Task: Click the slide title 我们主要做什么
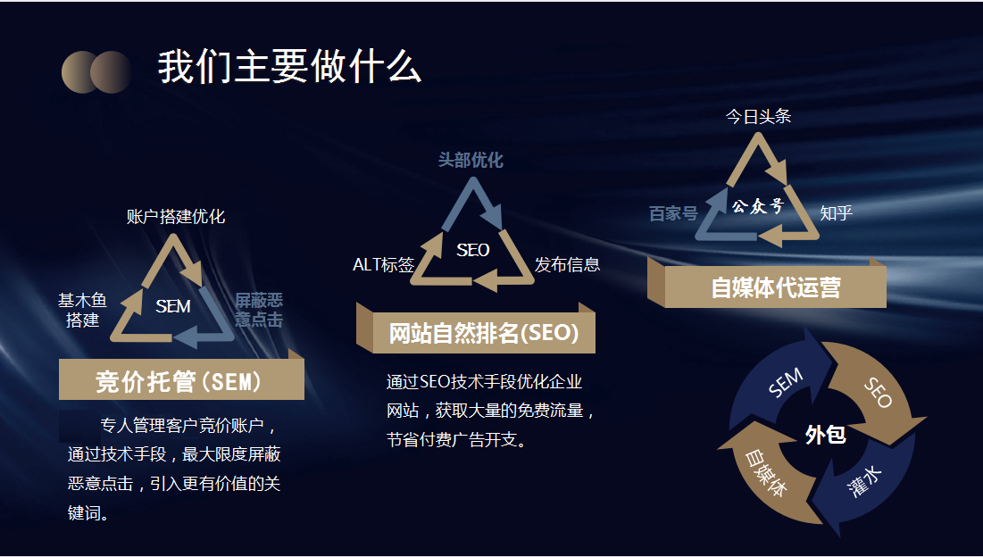point(289,67)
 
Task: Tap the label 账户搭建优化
point(176,217)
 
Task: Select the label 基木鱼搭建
point(83,310)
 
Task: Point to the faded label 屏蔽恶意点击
point(259,310)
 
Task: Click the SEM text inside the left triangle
point(173,306)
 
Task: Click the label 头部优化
point(471,161)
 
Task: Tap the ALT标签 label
point(384,265)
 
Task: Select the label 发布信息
point(567,265)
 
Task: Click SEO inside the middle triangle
point(472,251)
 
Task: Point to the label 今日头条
point(759,117)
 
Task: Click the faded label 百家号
point(673,213)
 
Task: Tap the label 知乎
point(837,213)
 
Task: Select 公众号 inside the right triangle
point(758,206)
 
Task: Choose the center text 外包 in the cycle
point(826,435)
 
